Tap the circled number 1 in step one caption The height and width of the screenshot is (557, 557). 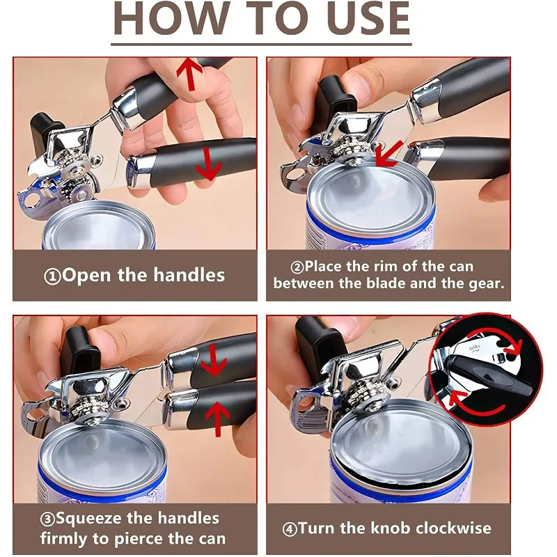[53, 276]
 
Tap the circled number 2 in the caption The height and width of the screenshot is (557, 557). [297, 267]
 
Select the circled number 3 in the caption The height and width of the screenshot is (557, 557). [47, 519]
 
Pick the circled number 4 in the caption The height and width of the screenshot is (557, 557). [290, 529]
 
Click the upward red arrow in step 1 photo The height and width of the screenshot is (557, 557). [189, 74]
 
